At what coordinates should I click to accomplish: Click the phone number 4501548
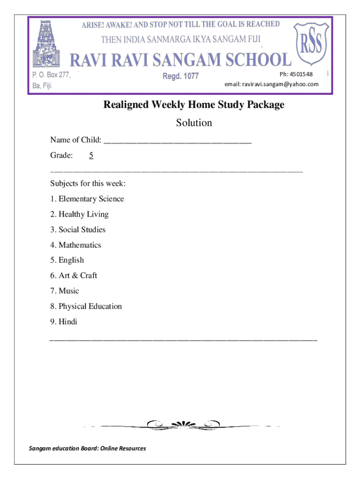301,74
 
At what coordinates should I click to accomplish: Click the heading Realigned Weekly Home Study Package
194,105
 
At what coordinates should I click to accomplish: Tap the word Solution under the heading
194,123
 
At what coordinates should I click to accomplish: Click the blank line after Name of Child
178,140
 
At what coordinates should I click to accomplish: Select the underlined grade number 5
91,155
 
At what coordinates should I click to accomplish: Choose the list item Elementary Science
87,199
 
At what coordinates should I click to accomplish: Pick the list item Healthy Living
79,214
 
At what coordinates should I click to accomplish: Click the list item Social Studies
78,230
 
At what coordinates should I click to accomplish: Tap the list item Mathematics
76,245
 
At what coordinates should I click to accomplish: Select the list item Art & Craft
74,276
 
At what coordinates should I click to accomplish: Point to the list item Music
65,291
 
